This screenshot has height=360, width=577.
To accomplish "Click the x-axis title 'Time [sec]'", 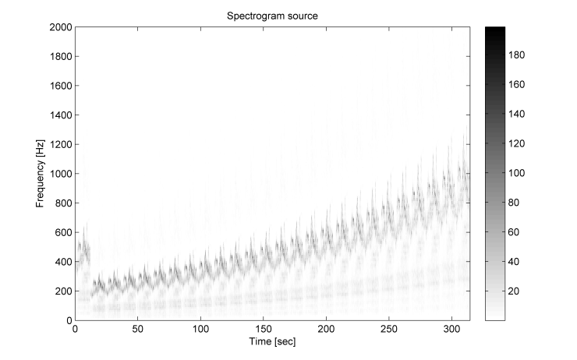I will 273,341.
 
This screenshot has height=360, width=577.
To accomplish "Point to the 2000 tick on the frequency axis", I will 59,27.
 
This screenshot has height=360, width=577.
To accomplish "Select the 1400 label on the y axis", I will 59,115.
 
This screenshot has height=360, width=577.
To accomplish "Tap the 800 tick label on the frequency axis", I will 62,203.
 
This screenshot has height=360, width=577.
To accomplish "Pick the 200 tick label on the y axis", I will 62,291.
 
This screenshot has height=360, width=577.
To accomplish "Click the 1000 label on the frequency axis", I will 59,174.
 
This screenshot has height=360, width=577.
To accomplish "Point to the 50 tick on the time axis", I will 138,329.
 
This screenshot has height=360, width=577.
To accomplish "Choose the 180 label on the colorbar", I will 519,55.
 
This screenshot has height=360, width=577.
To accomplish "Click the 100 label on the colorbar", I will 519,173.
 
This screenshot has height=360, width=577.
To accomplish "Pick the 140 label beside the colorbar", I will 519,114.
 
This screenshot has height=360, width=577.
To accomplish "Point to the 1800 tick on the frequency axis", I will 59,57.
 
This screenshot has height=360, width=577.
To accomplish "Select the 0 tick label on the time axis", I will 75,329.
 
